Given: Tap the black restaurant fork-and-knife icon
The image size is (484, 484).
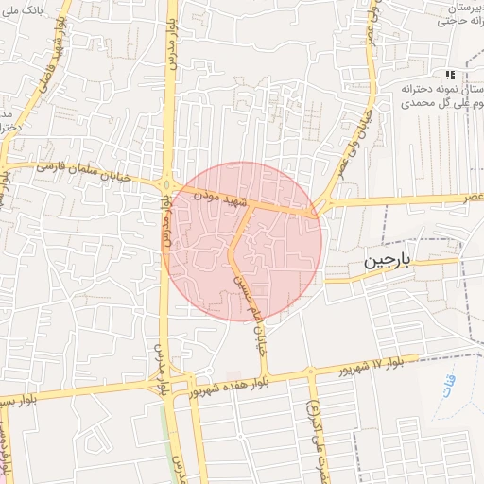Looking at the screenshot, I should coord(452,75).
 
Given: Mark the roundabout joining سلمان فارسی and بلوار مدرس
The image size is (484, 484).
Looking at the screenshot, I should coord(167,184).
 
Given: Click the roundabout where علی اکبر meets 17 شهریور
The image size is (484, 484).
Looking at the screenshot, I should coord(310,371).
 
